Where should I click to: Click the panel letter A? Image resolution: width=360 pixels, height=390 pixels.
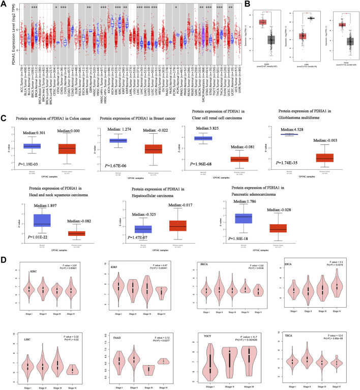point(4,4)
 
